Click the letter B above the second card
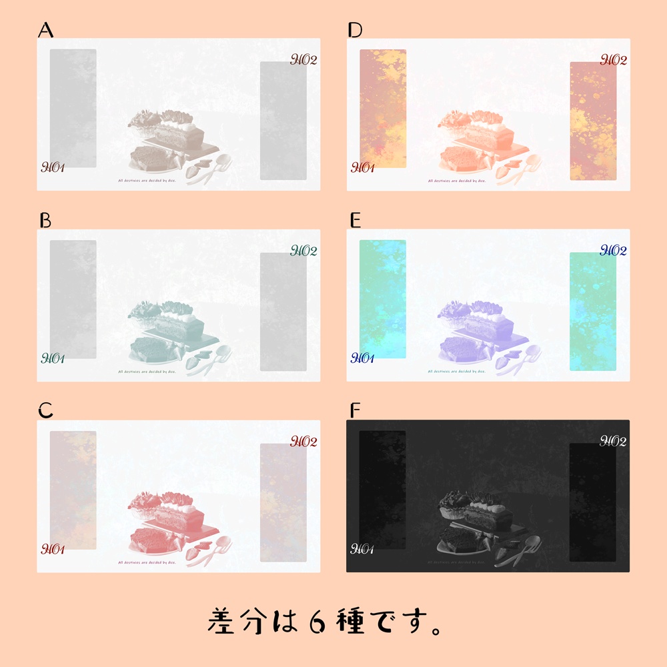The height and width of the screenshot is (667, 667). point(45,221)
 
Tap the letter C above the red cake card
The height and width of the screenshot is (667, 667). point(45,411)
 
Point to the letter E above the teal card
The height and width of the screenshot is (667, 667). point(355,221)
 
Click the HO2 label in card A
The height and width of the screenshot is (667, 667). point(303,60)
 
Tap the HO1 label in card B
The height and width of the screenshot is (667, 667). point(53,359)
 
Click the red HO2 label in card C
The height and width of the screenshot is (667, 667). point(303,442)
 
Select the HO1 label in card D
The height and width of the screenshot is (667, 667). point(363,167)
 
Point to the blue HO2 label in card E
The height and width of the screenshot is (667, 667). point(614,251)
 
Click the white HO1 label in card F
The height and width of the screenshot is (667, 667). point(363,550)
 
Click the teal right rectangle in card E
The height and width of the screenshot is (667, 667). point(593,311)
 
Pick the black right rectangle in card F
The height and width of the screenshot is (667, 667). point(593,502)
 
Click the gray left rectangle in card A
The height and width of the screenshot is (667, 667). point(73,108)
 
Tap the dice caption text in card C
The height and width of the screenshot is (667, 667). point(147,562)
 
